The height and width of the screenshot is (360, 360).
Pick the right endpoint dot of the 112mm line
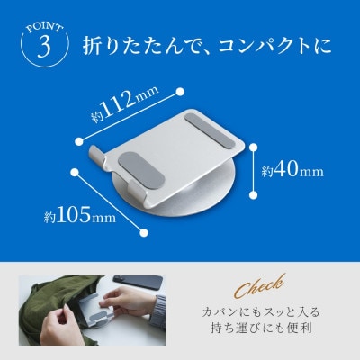[182, 90]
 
